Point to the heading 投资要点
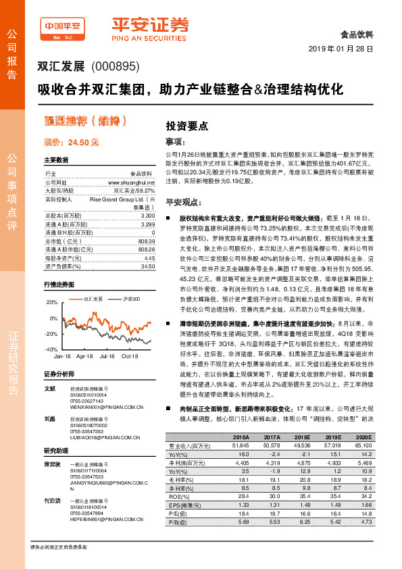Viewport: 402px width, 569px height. [x=187, y=126]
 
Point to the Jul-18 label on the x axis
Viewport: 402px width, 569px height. [x=107, y=356]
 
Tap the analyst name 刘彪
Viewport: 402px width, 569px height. [x=49, y=419]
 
